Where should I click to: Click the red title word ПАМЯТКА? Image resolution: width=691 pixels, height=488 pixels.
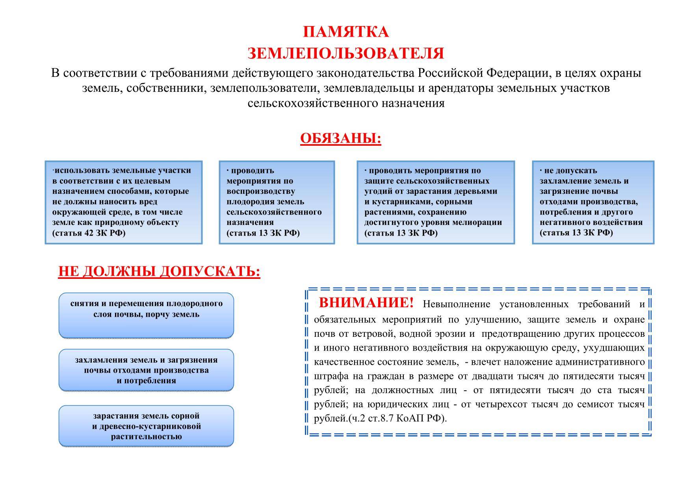345,32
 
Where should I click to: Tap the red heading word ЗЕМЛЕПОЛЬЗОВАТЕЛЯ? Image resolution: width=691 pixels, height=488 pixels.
345,53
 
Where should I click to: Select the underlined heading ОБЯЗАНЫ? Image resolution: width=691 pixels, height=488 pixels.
340,138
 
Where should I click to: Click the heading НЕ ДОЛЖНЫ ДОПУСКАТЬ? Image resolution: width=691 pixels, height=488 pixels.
159,271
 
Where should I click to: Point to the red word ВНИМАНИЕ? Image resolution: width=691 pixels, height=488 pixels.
366,303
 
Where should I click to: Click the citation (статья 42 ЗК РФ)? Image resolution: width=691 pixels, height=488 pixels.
89,233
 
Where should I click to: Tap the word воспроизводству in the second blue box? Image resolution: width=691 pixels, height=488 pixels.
260,191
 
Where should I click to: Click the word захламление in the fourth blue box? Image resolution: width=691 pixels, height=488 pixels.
564,181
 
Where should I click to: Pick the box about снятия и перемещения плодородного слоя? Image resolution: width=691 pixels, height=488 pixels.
146,315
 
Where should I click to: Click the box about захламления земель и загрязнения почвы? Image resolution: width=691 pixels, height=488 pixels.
146,370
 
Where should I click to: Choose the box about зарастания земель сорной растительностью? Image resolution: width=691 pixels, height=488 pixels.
146,426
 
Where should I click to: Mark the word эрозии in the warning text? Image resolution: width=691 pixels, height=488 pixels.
453,334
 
